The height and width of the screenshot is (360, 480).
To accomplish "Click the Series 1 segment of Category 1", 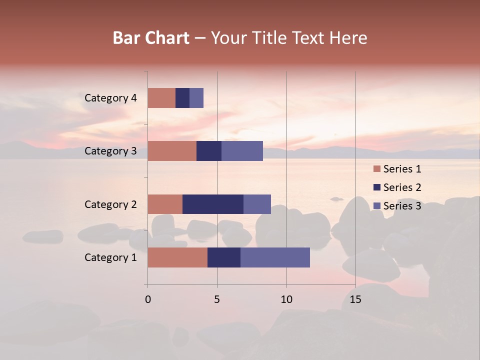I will pyautogui.click(x=177, y=257).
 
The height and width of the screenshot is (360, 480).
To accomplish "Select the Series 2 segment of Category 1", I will pyautogui.click(x=224, y=257).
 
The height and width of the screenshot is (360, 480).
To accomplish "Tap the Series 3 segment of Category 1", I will pyautogui.click(x=275, y=257).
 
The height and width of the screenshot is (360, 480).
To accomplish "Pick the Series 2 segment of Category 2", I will pyautogui.click(x=213, y=204).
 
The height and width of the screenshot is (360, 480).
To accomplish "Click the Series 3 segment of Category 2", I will pyautogui.click(x=257, y=204).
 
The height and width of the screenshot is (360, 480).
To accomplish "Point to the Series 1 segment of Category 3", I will pyautogui.click(x=172, y=151).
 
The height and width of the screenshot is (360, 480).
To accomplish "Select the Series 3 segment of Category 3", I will pyautogui.click(x=242, y=151).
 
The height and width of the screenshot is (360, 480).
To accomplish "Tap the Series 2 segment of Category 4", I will pyautogui.click(x=182, y=98).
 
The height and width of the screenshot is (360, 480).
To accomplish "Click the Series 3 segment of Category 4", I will pyautogui.click(x=196, y=98).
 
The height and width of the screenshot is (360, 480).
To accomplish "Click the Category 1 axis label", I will pyautogui.click(x=110, y=257).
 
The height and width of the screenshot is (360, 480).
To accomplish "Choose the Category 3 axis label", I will pyautogui.click(x=110, y=151).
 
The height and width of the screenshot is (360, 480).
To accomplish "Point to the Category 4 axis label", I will pyautogui.click(x=110, y=98).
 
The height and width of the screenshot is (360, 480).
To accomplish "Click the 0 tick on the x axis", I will pyautogui.click(x=148, y=299).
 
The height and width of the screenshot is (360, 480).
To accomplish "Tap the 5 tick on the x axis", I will pyautogui.click(x=217, y=299).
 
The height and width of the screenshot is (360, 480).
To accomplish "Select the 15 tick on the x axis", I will pyautogui.click(x=355, y=299).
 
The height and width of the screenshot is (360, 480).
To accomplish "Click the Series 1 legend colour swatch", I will pyautogui.click(x=377, y=169).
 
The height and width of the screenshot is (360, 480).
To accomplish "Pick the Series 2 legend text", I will pyautogui.click(x=402, y=187).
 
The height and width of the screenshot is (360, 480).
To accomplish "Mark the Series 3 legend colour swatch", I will pyautogui.click(x=377, y=206).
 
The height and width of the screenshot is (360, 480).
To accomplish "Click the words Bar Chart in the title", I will pyautogui.click(x=151, y=38).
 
